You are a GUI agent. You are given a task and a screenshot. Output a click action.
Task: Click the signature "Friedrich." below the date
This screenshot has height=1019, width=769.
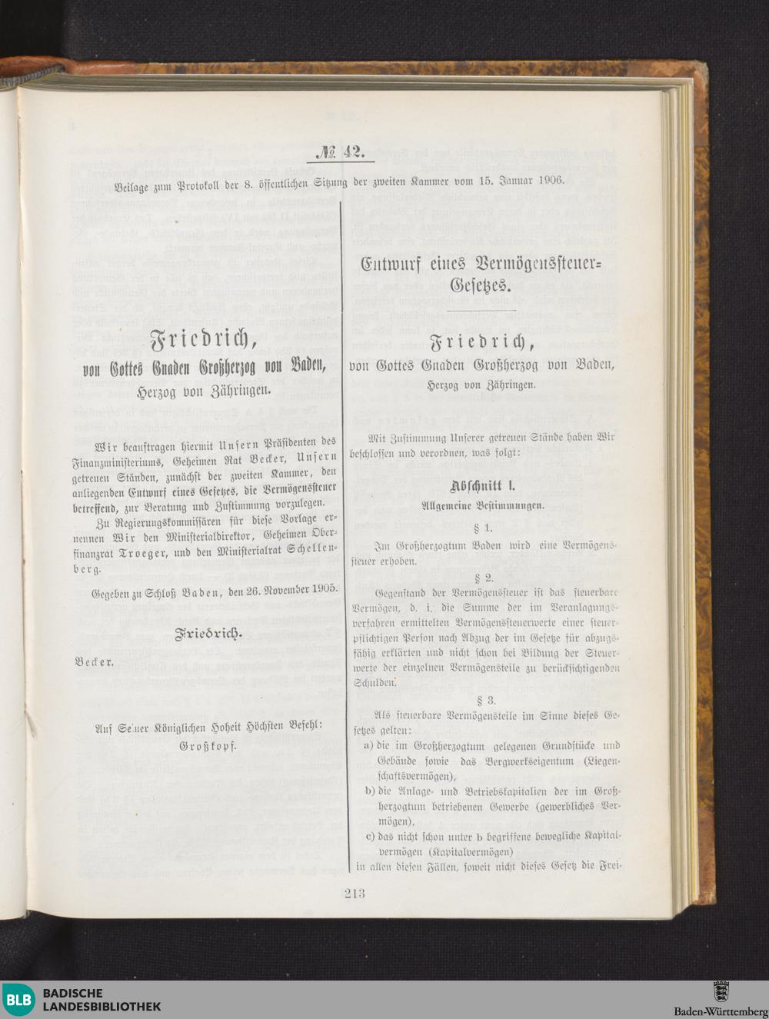click(x=209, y=634)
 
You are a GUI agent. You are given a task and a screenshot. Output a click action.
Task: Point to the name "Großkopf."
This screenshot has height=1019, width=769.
click(x=208, y=746)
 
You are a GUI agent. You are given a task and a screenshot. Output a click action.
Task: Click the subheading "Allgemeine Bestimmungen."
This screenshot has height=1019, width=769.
click(x=482, y=506)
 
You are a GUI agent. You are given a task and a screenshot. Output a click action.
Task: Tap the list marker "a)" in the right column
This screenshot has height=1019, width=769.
click(x=370, y=745)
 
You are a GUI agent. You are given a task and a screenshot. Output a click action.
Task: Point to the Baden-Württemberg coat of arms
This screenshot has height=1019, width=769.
click(x=721, y=991)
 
